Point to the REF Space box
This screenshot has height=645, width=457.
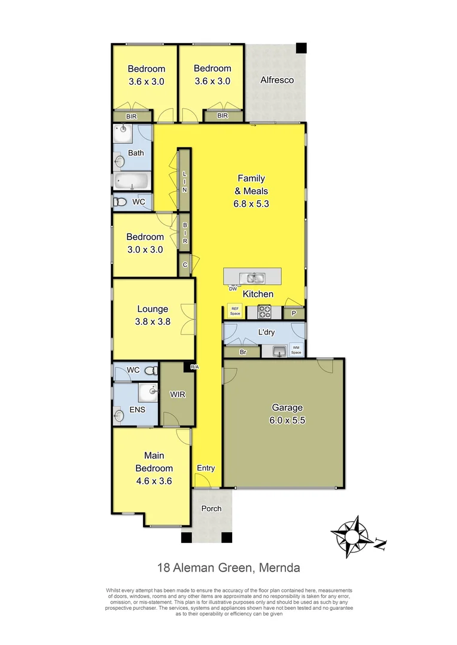tap(235, 311)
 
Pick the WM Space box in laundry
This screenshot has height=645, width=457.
tap(296, 351)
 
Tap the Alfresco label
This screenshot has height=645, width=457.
tap(277, 79)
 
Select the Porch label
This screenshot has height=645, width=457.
tap(211, 509)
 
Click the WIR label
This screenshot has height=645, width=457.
tap(178, 395)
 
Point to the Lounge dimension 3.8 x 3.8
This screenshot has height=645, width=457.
tap(153, 321)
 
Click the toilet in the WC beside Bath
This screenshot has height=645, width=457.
tap(120, 202)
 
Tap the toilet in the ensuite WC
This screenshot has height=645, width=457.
tap(151, 370)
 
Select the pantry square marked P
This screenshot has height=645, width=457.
tap(294, 313)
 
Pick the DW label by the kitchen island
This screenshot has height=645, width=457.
tap(233, 290)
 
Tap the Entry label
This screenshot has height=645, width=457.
tap(205, 468)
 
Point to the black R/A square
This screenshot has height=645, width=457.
tap(193, 367)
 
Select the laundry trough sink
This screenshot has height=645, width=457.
tap(278, 351)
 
